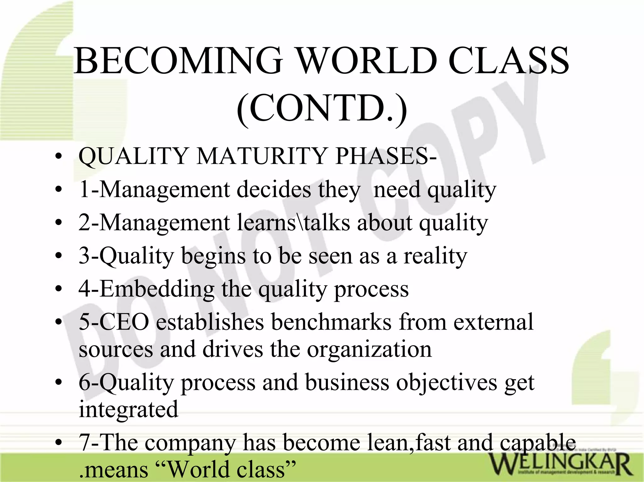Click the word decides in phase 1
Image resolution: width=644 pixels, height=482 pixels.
tap(274, 189)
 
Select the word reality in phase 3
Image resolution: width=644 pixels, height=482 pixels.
tap(435, 256)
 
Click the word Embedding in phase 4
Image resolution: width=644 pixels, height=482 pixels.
tap(157, 289)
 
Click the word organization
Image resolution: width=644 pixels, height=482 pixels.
tap(369, 349)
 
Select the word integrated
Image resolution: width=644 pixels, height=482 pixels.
tap(128, 409)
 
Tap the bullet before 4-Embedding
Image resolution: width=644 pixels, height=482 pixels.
tap(58, 289)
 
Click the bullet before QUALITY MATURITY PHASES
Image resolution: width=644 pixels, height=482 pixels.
tap(58, 156)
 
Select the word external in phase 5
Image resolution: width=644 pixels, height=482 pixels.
tap(493, 322)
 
